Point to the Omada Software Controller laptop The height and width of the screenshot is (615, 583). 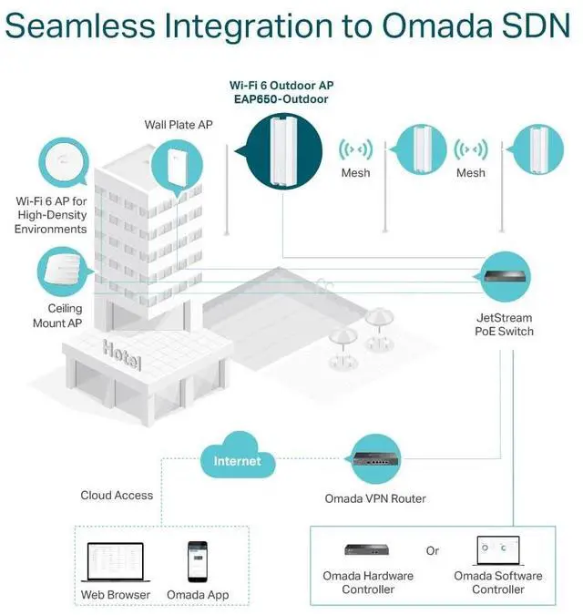coord(497,550)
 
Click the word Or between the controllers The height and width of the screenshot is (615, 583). coord(433,551)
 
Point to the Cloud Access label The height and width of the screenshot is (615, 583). coord(117,495)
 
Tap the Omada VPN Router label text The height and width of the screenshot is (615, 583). coord(375,498)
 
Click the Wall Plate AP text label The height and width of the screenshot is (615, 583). coord(179,124)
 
